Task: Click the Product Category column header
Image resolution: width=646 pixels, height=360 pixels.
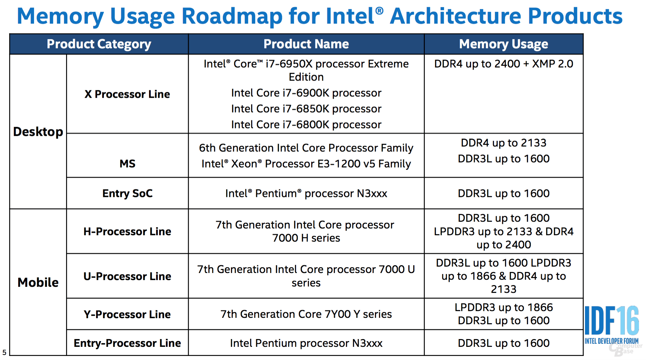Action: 99,44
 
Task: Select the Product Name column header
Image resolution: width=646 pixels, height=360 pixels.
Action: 306,44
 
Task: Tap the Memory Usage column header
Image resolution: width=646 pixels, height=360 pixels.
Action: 503,44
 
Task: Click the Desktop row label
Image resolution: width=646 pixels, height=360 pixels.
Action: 38,132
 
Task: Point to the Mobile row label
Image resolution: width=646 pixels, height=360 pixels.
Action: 38,282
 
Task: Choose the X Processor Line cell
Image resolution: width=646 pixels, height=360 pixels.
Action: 127,94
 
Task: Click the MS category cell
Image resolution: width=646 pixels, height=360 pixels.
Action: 127,164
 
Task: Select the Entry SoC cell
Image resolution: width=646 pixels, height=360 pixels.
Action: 127,193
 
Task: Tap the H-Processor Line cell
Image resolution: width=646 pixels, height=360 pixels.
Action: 127,232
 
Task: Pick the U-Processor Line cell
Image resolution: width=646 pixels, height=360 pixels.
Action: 127,276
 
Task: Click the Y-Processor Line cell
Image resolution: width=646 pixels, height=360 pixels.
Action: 127,314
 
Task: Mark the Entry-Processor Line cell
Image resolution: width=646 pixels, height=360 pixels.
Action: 127,343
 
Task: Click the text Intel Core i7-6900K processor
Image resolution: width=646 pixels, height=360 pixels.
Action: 306,93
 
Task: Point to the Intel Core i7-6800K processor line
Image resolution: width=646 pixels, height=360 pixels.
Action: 306,125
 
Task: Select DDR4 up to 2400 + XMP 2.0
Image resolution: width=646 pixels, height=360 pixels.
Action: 503,64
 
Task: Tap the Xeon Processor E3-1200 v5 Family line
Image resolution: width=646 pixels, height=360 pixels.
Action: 306,164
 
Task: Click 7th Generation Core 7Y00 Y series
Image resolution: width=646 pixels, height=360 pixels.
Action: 306,314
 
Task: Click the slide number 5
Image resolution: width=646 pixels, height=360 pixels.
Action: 4,353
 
